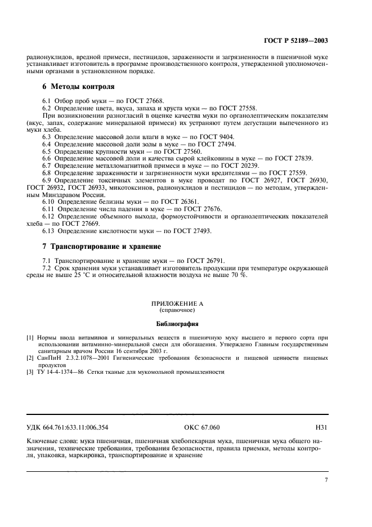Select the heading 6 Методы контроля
(78, 87)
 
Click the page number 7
(326, 479)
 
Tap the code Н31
(321, 427)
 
